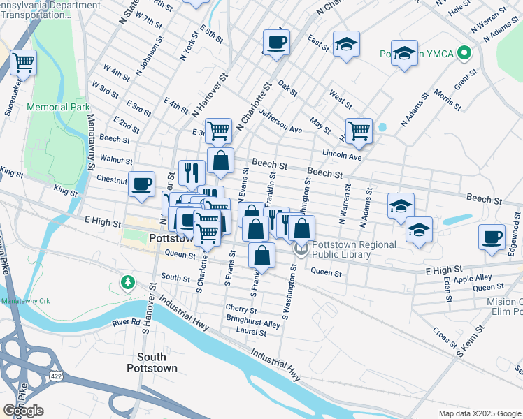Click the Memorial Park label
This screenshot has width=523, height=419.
click(x=58, y=108)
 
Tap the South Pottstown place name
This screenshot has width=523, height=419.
click(x=152, y=362)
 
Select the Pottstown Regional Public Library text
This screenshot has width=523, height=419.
click(x=353, y=249)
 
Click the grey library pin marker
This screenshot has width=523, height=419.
click(x=301, y=249)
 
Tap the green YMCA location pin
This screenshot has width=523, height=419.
click(x=465, y=53)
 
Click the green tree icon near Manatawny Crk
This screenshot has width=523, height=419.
click(x=127, y=283)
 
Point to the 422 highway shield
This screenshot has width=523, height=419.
click(x=55, y=376)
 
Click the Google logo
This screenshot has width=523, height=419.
click(x=23, y=411)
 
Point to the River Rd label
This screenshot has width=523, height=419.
click(x=126, y=323)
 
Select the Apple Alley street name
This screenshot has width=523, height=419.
click(x=473, y=278)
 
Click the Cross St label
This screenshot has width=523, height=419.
click(x=444, y=338)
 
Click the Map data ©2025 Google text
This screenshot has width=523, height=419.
click(x=479, y=413)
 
